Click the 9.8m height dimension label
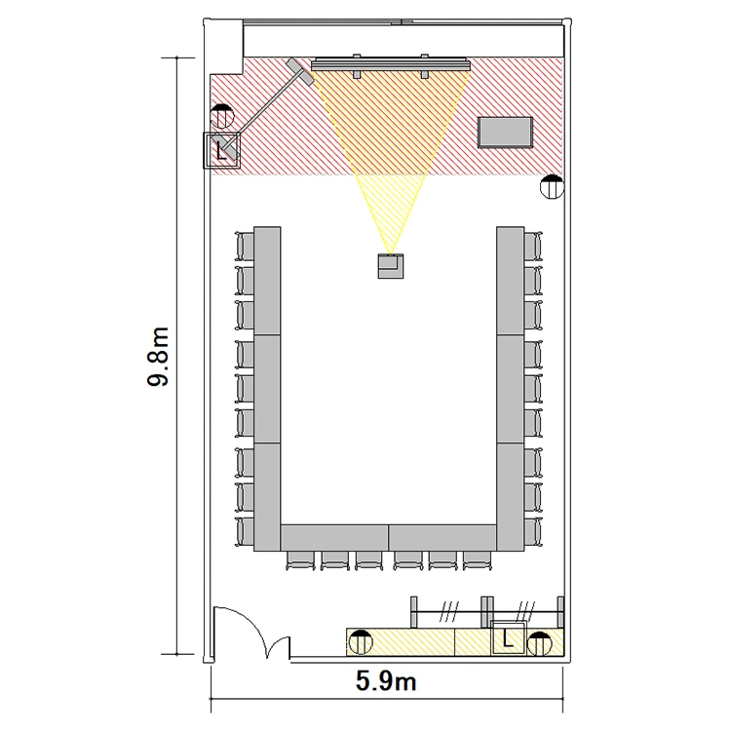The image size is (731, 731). (x=158, y=357)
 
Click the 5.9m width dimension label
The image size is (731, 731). (x=386, y=681)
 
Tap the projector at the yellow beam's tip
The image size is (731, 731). (x=390, y=266)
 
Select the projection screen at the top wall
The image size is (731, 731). (x=390, y=64)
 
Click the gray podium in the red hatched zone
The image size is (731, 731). (x=505, y=133)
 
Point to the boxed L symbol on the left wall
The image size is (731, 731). (x=221, y=150)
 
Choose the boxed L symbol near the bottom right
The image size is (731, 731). (x=508, y=637)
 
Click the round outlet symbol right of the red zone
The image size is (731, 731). (x=552, y=186)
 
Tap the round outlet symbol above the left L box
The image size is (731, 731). (x=222, y=116)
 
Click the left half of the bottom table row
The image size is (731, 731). (x=334, y=537)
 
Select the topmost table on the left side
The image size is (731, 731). (x=267, y=281)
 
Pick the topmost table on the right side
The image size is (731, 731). (x=510, y=281)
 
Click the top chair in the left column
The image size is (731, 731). (x=246, y=247)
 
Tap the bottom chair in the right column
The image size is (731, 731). (x=533, y=531)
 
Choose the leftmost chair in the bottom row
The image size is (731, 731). (x=301, y=560)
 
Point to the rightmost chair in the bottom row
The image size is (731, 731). (x=478, y=560)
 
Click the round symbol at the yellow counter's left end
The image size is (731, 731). (x=361, y=642)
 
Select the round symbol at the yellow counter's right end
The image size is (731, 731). (x=540, y=644)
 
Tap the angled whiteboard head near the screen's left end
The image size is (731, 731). (x=300, y=72)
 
